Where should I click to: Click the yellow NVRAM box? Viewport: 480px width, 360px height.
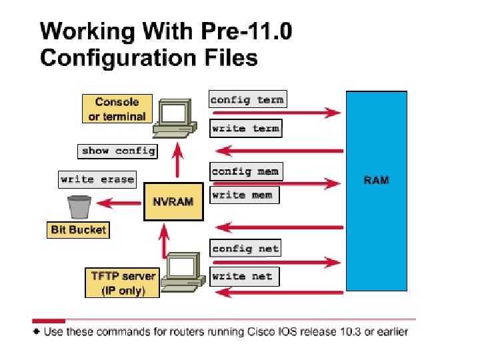[173, 201]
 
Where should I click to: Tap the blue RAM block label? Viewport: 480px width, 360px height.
[376, 180]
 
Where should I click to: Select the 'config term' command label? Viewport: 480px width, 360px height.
[247, 100]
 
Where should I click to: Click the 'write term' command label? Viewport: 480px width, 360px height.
[245, 128]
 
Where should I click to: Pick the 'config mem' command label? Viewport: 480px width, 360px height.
[245, 171]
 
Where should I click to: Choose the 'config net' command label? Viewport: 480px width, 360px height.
[245, 249]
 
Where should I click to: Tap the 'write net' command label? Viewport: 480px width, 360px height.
[243, 276]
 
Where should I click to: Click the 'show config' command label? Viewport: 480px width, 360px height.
[118, 151]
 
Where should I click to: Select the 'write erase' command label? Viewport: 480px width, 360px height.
[97, 179]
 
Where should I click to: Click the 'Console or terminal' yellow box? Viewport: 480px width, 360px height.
[117, 109]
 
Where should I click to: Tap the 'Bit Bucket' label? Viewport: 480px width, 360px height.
[79, 230]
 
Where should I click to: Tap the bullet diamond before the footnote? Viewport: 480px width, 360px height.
[37, 331]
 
